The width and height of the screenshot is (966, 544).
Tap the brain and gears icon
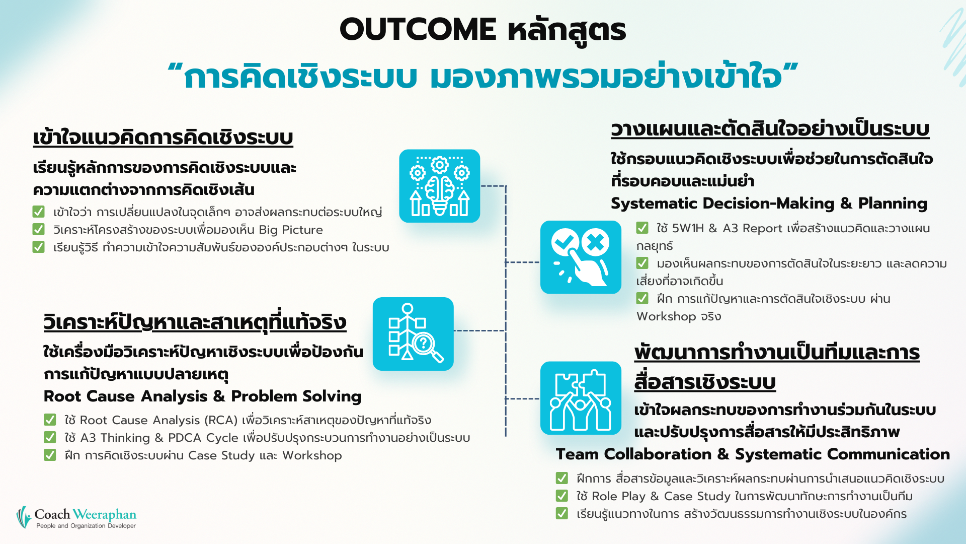pyautogui.click(x=439, y=186)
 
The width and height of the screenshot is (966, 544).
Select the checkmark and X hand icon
pyautogui.click(x=581, y=257)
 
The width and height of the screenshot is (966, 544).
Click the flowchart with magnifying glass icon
pyautogui.click(x=413, y=333)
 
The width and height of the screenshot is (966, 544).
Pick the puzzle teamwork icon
pyautogui.click(x=581, y=398)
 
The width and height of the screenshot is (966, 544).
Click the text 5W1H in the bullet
pyautogui.click(x=688, y=228)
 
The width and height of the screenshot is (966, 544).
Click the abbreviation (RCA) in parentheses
pyautogui.click(x=221, y=420)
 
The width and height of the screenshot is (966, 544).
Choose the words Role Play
pyautogui.click(x=618, y=496)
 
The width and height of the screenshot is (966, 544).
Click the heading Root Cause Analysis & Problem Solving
pyautogui.click(x=202, y=396)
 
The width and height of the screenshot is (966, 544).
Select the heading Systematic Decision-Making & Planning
pyautogui.click(x=769, y=203)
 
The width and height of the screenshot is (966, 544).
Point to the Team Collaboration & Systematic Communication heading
pyautogui.click(x=752, y=454)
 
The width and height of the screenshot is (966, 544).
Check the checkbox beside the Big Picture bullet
pyautogui.click(x=38, y=229)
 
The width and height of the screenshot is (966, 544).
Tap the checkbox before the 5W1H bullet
pyautogui.click(x=642, y=228)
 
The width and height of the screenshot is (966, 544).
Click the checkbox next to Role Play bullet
pyautogui.click(x=561, y=496)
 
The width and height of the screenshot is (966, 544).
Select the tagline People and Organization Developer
pyautogui.click(x=86, y=526)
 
